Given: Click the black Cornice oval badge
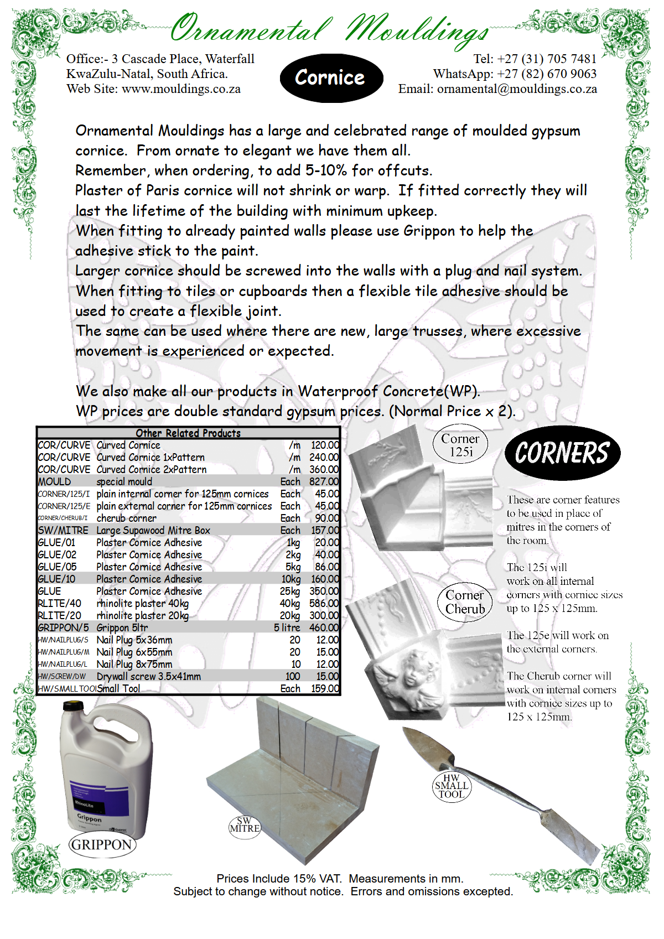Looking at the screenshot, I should click(x=331, y=78).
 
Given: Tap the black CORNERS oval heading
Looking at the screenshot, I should click(x=562, y=453).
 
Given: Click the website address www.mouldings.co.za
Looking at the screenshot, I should click(x=181, y=89).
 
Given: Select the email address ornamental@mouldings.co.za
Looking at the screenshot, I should click(x=517, y=89).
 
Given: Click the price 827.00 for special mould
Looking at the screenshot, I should click(x=324, y=482).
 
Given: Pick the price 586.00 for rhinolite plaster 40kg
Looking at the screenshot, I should click(x=324, y=604).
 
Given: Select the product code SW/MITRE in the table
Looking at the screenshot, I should click(x=63, y=531).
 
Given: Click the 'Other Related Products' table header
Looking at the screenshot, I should click(x=188, y=433).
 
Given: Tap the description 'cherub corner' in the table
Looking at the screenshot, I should click(x=126, y=518).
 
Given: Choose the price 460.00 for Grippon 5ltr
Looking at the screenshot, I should click(x=324, y=628).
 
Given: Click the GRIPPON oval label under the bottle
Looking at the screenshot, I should click(x=102, y=845).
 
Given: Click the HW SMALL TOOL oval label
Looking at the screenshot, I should click(x=452, y=786).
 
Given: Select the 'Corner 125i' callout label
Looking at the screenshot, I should click(x=460, y=445).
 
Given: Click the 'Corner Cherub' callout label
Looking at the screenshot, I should click(x=465, y=602).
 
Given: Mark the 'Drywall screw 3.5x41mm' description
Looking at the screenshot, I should click(x=148, y=677).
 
